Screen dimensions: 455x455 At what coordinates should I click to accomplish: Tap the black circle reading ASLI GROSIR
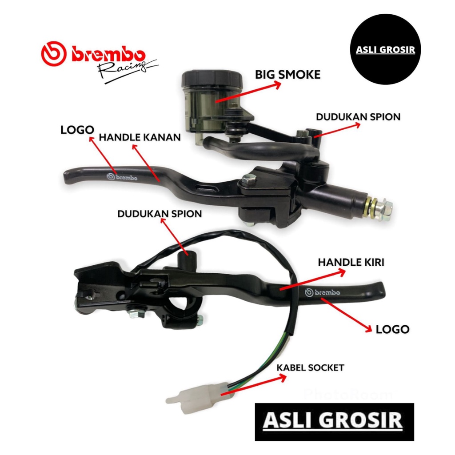click(x=385, y=49)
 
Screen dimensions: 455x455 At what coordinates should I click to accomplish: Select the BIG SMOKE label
click(x=287, y=74)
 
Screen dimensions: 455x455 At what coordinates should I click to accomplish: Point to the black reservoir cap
click(x=212, y=79)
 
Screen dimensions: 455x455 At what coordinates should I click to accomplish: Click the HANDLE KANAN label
click(x=140, y=138)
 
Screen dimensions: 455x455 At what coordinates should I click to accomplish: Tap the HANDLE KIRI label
click(x=351, y=262)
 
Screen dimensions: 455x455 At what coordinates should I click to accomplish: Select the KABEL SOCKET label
click(x=310, y=367)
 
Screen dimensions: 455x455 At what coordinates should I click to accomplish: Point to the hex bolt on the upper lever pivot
click(x=248, y=180)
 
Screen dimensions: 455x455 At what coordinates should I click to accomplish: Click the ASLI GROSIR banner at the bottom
click(x=334, y=421)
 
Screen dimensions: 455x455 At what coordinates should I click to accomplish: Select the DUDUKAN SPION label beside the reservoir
click(x=358, y=117)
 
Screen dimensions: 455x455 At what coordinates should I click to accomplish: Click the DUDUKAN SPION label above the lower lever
click(x=160, y=214)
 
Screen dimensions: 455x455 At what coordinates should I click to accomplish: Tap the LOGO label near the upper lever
click(x=77, y=130)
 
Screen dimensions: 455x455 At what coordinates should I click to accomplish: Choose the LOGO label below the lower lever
click(x=392, y=329)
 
